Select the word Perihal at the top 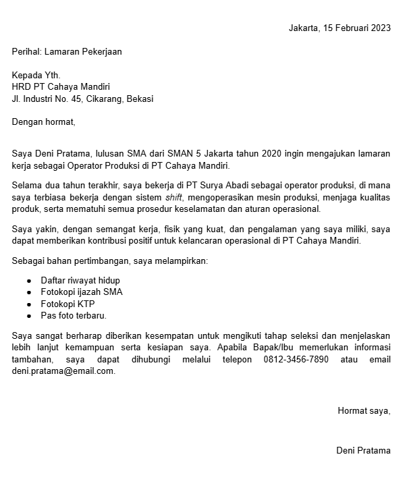point(26,51)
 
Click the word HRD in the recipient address point(21,86)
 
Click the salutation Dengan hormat point(44,122)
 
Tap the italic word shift point(173,197)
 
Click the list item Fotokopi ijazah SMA point(82,292)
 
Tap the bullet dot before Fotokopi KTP point(29,304)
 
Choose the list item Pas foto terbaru point(74,315)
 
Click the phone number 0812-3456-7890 point(296,359)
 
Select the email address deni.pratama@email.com point(63,371)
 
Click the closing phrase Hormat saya point(364,410)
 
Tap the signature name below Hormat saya point(363,450)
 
